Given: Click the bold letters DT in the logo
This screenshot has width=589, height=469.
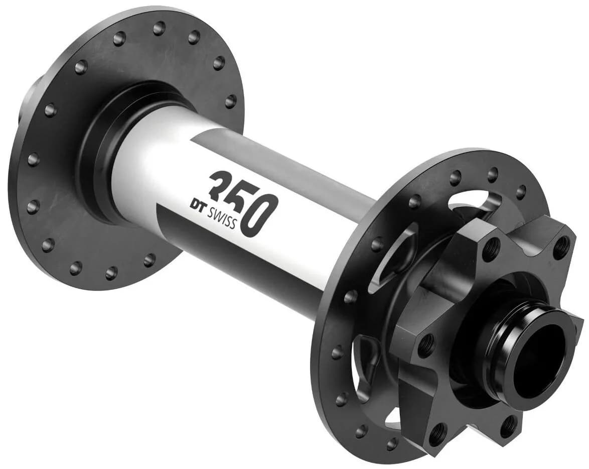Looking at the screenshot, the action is (x=197, y=204).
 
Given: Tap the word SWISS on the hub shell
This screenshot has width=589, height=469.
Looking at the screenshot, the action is (x=222, y=217).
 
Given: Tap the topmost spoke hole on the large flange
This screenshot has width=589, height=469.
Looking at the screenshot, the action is (x=159, y=28).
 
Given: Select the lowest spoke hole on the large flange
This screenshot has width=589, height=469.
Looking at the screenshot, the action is (x=111, y=272).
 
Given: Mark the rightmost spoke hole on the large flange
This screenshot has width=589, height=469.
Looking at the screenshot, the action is (x=231, y=100).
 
